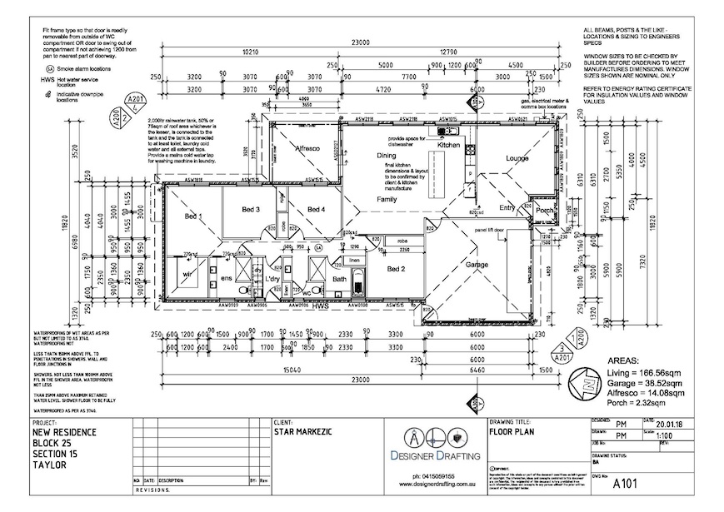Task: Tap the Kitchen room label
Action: (449, 145)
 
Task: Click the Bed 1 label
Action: (193, 216)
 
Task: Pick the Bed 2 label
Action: (396, 269)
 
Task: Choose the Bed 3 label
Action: (252, 209)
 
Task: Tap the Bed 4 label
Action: (316, 209)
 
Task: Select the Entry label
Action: (507, 208)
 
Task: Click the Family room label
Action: (387, 201)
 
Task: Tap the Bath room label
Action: (339, 280)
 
